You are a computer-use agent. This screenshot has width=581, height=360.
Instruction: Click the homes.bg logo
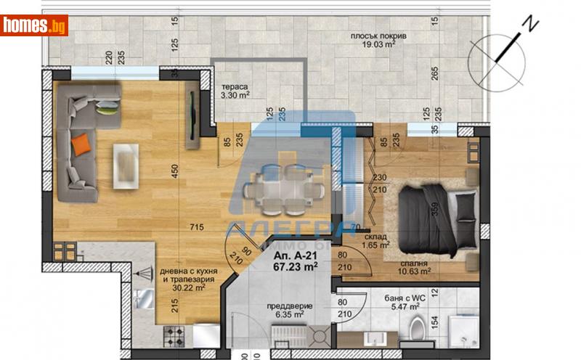(x=34, y=25)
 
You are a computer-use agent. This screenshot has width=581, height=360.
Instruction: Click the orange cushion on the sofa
(x=84, y=142)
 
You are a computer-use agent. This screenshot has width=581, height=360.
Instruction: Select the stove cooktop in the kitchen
(x=174, y=334)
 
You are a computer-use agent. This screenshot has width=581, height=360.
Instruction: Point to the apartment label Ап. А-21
(x=294, y=255)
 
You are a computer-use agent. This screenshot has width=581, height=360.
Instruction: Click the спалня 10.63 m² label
(x=412, y=268)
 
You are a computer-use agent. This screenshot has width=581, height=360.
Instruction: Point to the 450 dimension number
(x=172, y=171)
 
